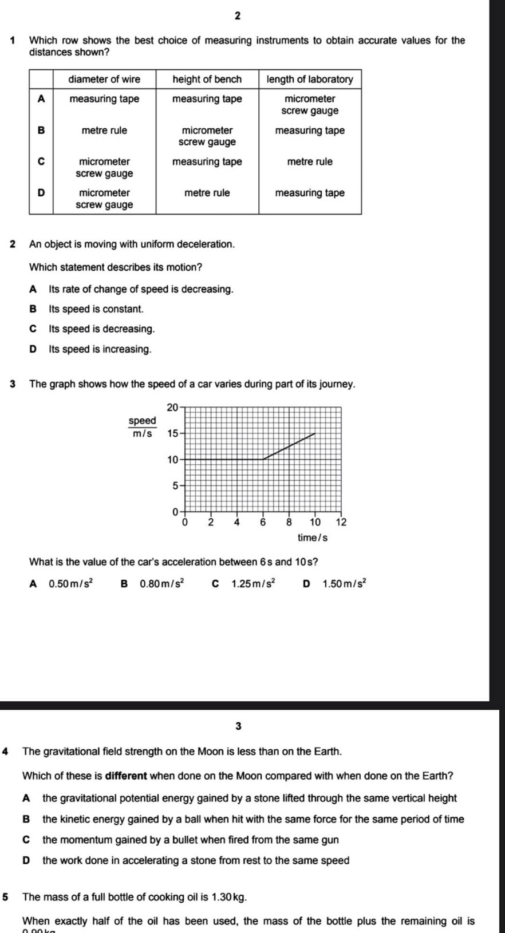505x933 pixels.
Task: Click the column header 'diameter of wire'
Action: (x=104, y=79)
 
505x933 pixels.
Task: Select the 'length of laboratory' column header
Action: (x=310, y=79)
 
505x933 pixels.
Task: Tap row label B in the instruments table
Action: (x=41, y=130)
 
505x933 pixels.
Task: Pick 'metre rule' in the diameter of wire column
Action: (x=104, y=131)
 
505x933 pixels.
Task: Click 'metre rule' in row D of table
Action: (x=207, y=193)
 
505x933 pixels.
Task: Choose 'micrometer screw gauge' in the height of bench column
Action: (x=207, y=136)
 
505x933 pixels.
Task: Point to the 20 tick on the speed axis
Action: (x=172, y=408)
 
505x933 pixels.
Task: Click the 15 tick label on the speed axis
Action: (x=172, y=433)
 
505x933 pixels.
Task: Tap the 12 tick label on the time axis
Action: (x=341, y=522)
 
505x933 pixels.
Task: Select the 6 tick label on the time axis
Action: (x=263, y=522)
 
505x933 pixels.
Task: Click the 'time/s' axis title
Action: (x=313, y=538)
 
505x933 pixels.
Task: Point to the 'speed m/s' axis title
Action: (x=142, y=427)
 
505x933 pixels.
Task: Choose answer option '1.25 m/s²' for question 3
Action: (x=253, y=584)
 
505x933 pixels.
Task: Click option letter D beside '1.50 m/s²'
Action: (x=306, y=584)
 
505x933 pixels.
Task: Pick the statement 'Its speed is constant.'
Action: (x=96, y=309)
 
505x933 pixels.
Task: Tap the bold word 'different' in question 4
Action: (x=127, y=776)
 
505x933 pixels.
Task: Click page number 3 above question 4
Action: (x=238, y=726)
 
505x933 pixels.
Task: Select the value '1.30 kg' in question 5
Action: (x=229, y=897)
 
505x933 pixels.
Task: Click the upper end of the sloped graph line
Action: (x=315, y=434)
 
